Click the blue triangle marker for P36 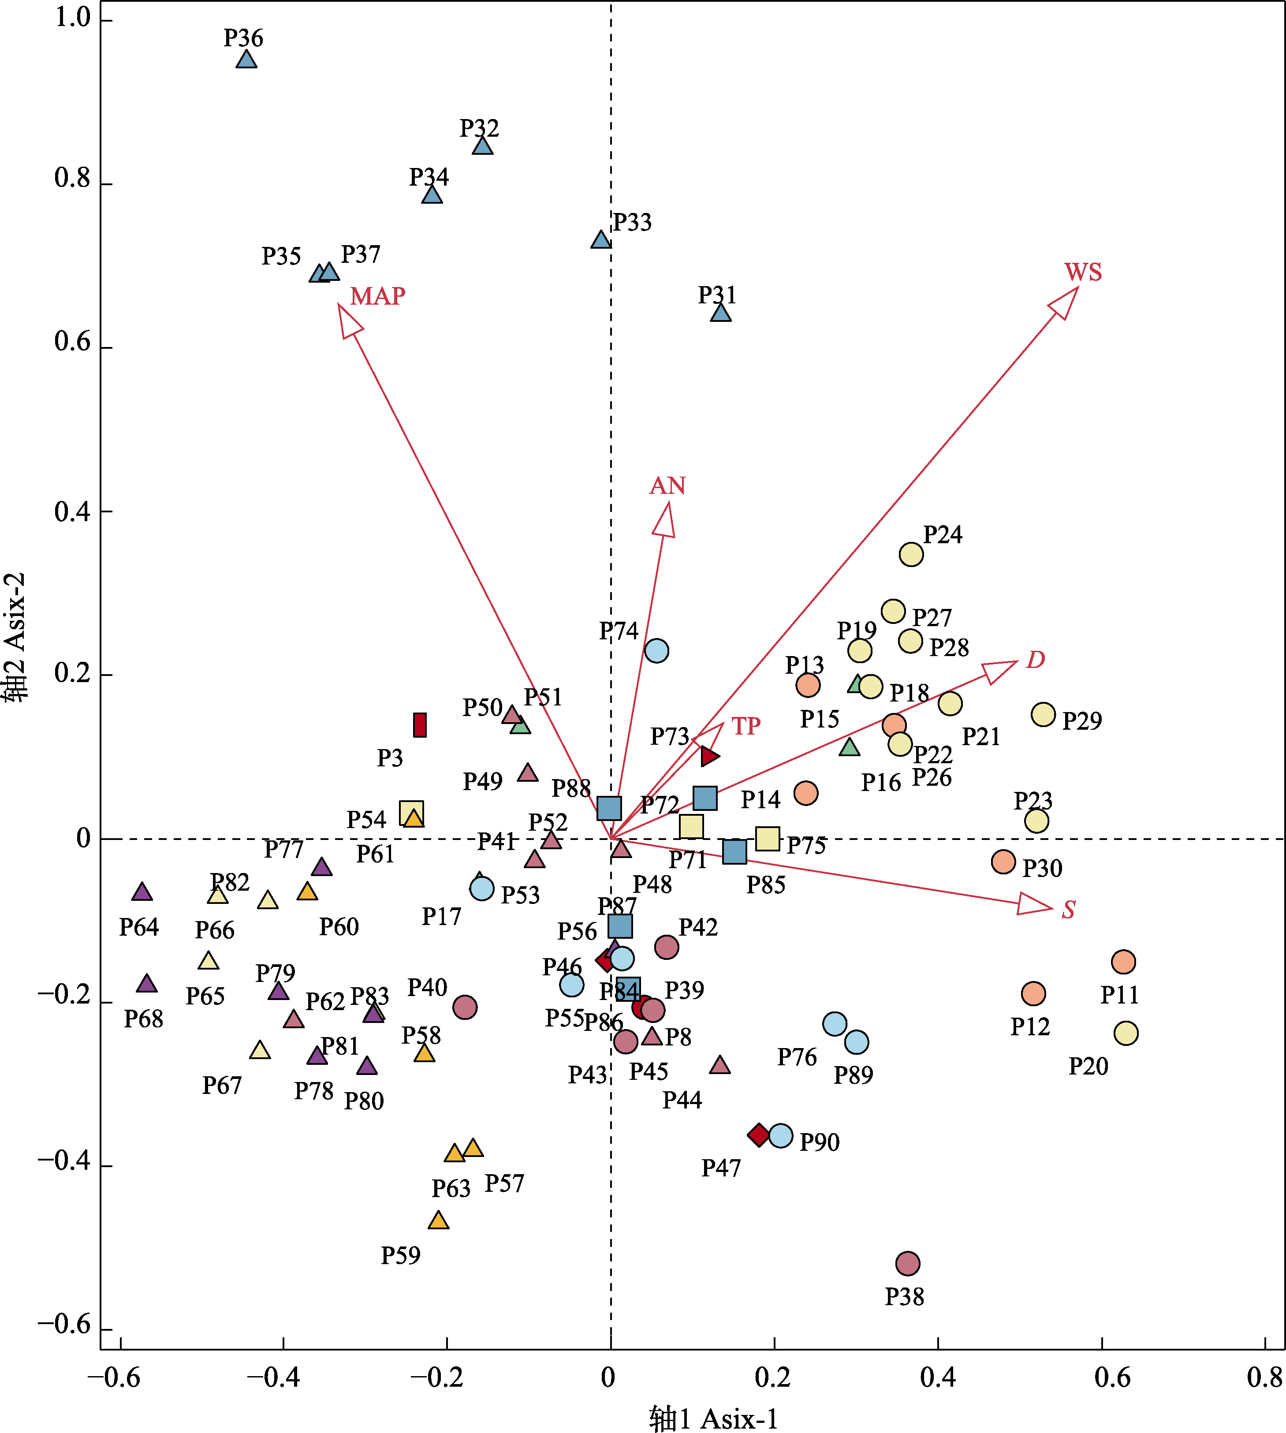point(246,60)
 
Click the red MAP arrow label point(378,296)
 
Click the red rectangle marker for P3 point(420,725)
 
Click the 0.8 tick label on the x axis point(1264,1377)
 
